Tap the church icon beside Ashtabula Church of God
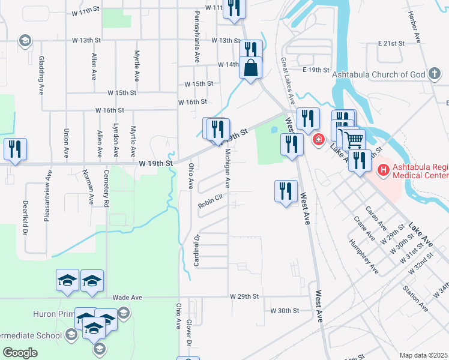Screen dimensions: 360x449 pyautogui.click(x=435, y=74)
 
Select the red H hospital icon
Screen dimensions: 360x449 pyautogui.click(x=383, y=171)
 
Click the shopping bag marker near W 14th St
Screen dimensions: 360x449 pyautogui.click(x=250, y=67)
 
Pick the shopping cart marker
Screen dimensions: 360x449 pyautogui.click(x=354, y=140)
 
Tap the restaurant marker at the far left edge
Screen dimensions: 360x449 pyautogui.click(x=15, y=149)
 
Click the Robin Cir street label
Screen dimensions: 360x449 pyautogui.click(x=211, y=205)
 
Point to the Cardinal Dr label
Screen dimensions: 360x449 pyautogui.click(x=196, y=250)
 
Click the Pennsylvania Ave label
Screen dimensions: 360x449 pyautogui.click(x=196, y=37)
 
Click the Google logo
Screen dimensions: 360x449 pyautogui.click(x=20, y=352)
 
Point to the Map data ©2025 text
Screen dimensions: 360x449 pyautogui.click(x=423, y=355)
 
